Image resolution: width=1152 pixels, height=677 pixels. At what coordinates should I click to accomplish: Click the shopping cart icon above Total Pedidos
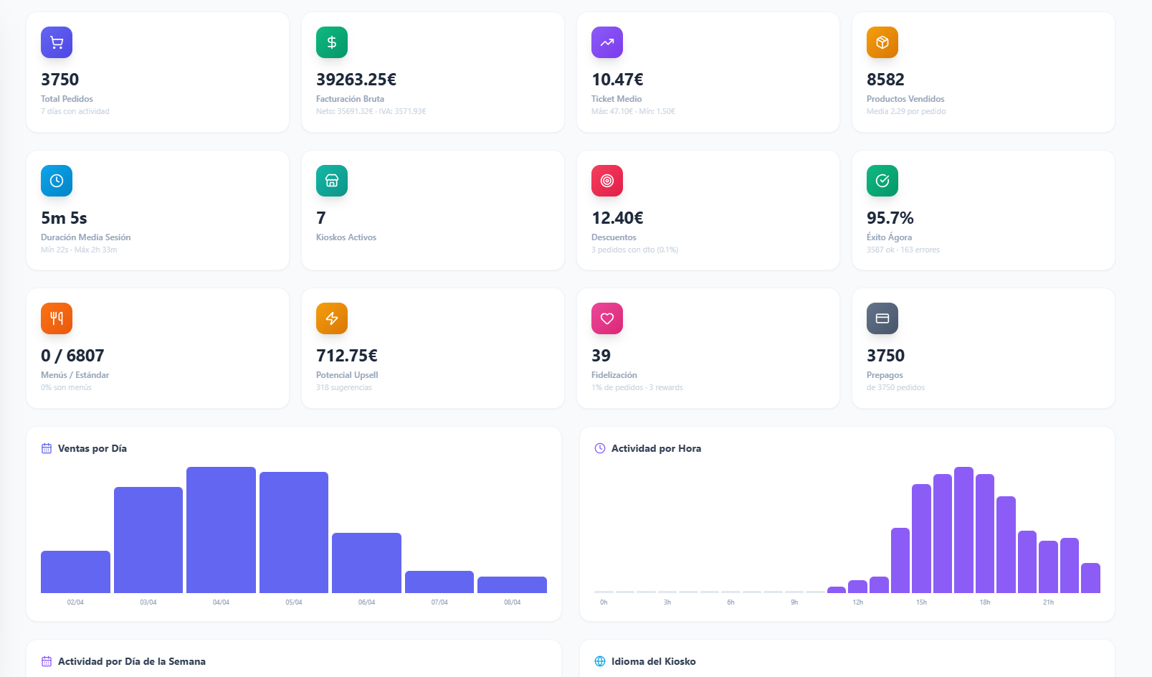tap(57, 42)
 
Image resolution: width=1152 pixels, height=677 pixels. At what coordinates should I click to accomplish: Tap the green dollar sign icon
tap(332, 42)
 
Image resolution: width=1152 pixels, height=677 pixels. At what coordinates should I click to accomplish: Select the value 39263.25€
tap(356, 80)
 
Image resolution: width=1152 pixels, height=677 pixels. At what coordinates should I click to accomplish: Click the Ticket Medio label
tap(617, 99)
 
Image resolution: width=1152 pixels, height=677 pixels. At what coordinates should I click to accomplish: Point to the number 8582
tap(885, 80)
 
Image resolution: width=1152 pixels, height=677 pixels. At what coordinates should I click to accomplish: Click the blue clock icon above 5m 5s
tap(57, 181)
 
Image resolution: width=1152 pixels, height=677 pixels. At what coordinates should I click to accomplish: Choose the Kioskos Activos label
tap(346, 237)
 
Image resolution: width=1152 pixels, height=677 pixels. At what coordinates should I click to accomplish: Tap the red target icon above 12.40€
tap(607, 181)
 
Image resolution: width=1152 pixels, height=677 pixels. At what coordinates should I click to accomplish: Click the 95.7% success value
tap(890, 218)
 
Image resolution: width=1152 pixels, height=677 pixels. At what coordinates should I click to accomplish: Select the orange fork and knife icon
tap(57, 318)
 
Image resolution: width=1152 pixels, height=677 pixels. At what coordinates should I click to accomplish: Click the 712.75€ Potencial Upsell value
tap(347, 356)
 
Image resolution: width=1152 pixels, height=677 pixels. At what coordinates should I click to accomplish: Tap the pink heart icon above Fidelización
tap(607, 318)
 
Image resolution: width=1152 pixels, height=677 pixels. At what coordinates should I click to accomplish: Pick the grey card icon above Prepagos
tap(882, 318)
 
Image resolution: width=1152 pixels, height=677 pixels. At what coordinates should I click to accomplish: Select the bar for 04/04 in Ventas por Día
tap(221, 531)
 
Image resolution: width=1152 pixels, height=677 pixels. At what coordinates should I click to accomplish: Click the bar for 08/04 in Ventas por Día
tap(512, 584)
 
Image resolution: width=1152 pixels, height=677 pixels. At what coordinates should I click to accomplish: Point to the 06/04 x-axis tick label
tap(366, 602)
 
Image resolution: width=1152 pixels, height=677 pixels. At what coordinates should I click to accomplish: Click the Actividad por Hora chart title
tap(656, 448)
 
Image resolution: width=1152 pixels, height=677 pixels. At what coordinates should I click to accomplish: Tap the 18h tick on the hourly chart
tap(985, 602)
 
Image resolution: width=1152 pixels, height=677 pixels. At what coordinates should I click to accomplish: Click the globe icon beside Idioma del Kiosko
tap(600, 661)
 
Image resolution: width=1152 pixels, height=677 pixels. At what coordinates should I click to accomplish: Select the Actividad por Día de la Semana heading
tap(132, 661)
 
